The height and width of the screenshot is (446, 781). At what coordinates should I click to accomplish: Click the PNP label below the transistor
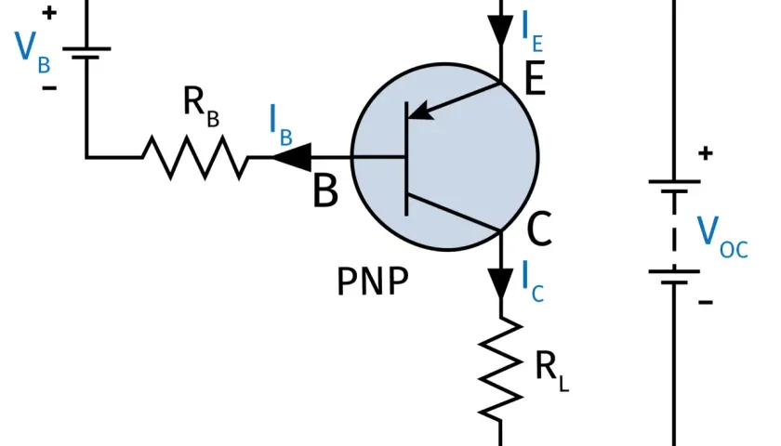(x=373, y=282)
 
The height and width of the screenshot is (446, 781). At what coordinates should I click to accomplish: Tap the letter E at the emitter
(x=535, y=78)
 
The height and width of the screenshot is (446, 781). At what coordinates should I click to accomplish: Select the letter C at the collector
(x=539, y=229)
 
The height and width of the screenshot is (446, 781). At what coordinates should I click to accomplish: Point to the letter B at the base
(x=325, y=190)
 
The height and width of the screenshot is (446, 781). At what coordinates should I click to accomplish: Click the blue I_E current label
(x=532, y=31)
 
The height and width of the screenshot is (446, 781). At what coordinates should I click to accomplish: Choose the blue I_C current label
(x=532, y=282)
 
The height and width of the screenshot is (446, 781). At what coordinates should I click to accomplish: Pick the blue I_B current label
(x=281, y=125)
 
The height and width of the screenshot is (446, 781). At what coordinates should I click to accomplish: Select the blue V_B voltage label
(x=33, y=52)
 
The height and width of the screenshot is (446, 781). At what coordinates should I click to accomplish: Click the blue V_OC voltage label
(x=721, y=237)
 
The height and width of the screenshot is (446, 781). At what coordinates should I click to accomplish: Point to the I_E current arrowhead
(x=500, y=31)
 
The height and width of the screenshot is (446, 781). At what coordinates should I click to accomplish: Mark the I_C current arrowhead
(x=500, y=283)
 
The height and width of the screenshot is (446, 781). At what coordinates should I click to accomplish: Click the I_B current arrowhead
(x=292, y=157)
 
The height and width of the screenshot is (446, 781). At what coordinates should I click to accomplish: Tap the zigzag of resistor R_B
(x=194, y=157)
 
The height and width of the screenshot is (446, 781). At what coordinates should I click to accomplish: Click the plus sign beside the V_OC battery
(x=706, y=152)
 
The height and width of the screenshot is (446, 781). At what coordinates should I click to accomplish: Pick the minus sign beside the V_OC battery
(x=706, y=301)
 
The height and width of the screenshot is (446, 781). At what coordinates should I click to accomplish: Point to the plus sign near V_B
(x=48, y=13)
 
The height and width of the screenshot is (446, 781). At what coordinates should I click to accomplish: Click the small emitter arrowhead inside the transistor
(x=419, y=111)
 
